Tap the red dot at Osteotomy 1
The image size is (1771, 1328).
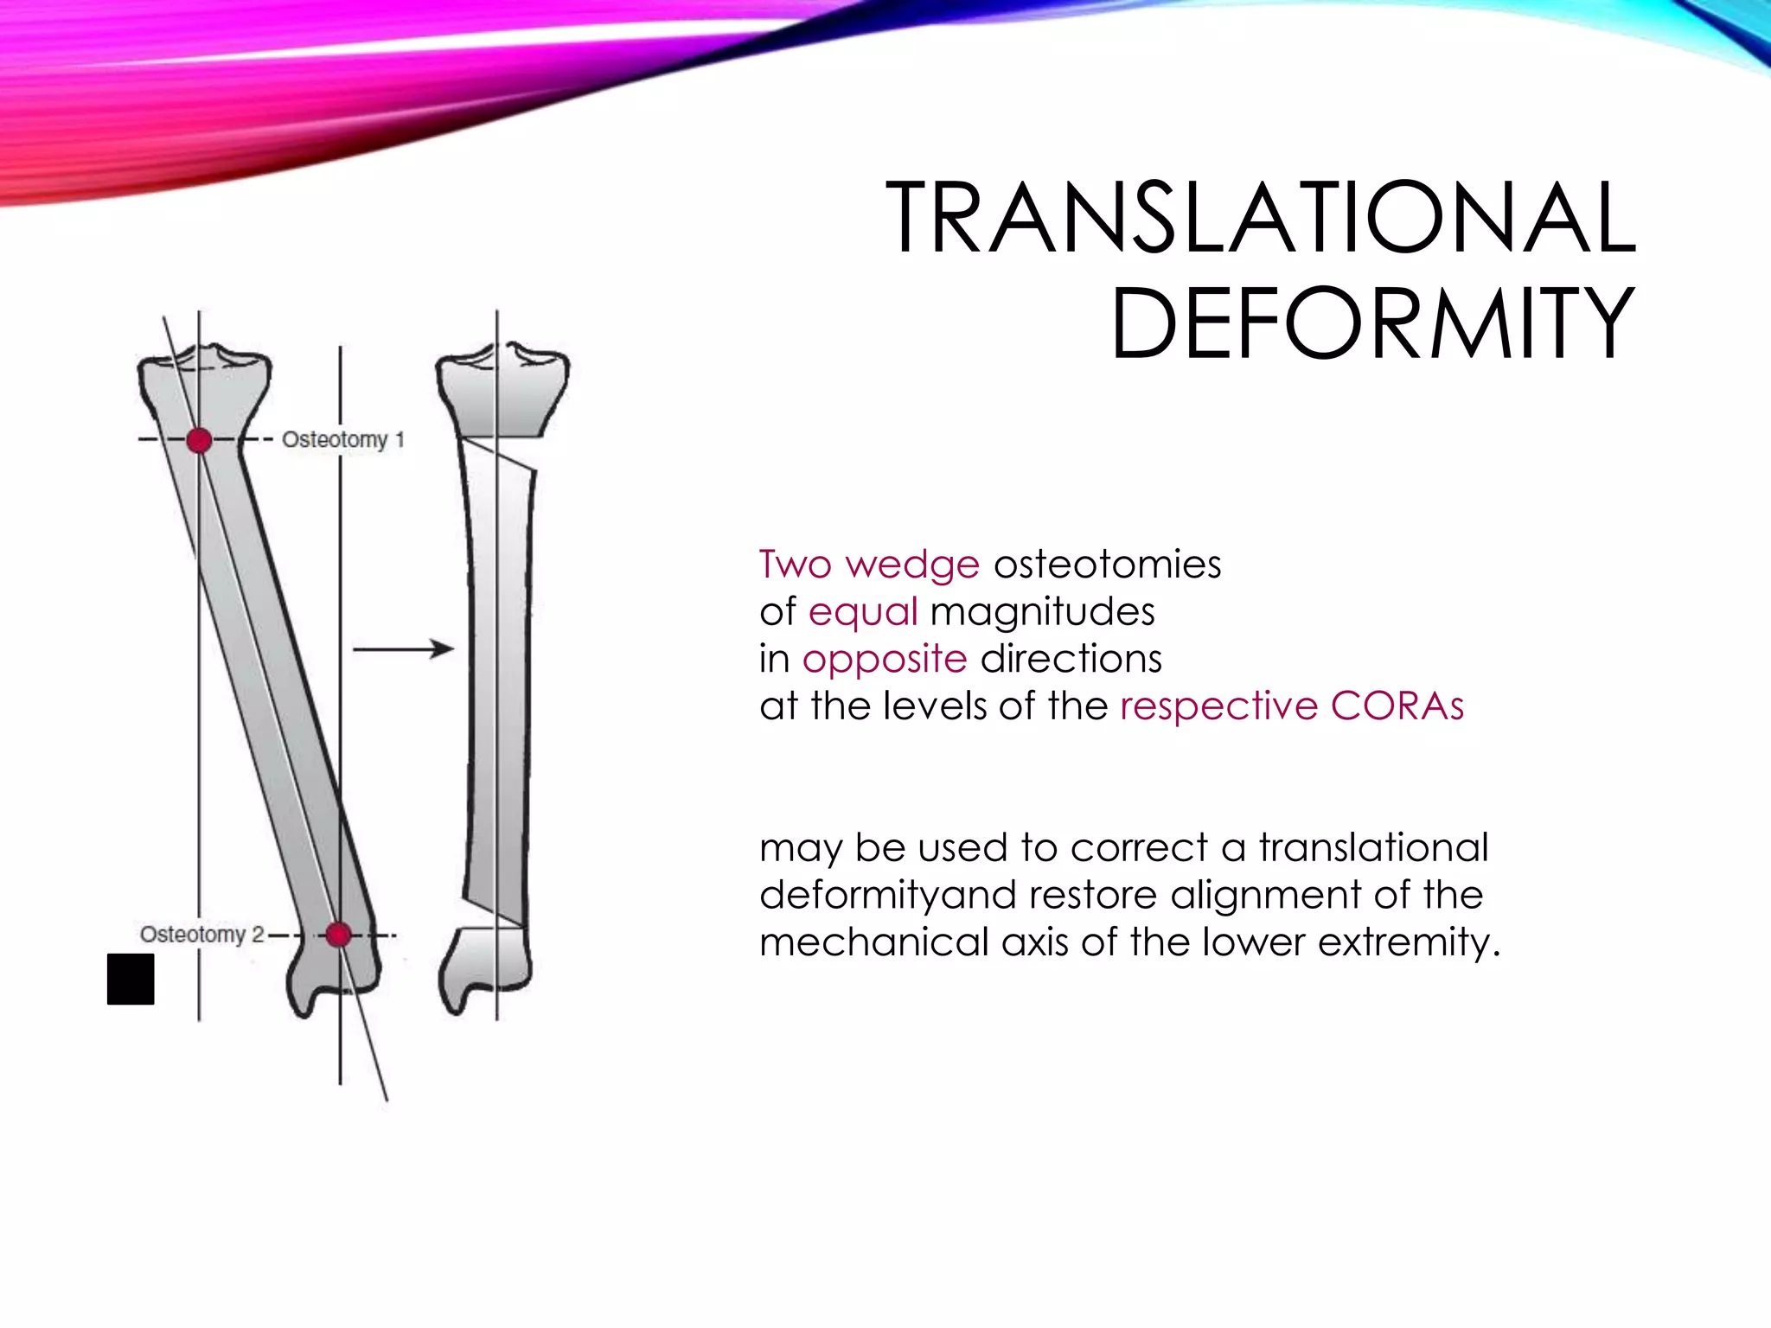point(199,440)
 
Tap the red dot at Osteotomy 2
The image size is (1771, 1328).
point(338,934)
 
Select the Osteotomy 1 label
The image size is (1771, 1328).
point(342,439)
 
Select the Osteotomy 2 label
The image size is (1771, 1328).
point(201,934)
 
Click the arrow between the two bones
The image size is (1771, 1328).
point(403,648)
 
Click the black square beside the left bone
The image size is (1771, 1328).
point(131,979)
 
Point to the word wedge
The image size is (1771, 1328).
point(912,565)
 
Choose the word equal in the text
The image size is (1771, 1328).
point(862,612)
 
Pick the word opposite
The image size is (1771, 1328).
point(884,660)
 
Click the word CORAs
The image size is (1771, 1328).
point(1397,706)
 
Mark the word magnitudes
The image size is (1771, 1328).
point(1042,612)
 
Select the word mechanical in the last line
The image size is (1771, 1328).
point(873,942)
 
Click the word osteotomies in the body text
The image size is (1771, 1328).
point(1107,565)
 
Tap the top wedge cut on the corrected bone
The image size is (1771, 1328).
point(497,456)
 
